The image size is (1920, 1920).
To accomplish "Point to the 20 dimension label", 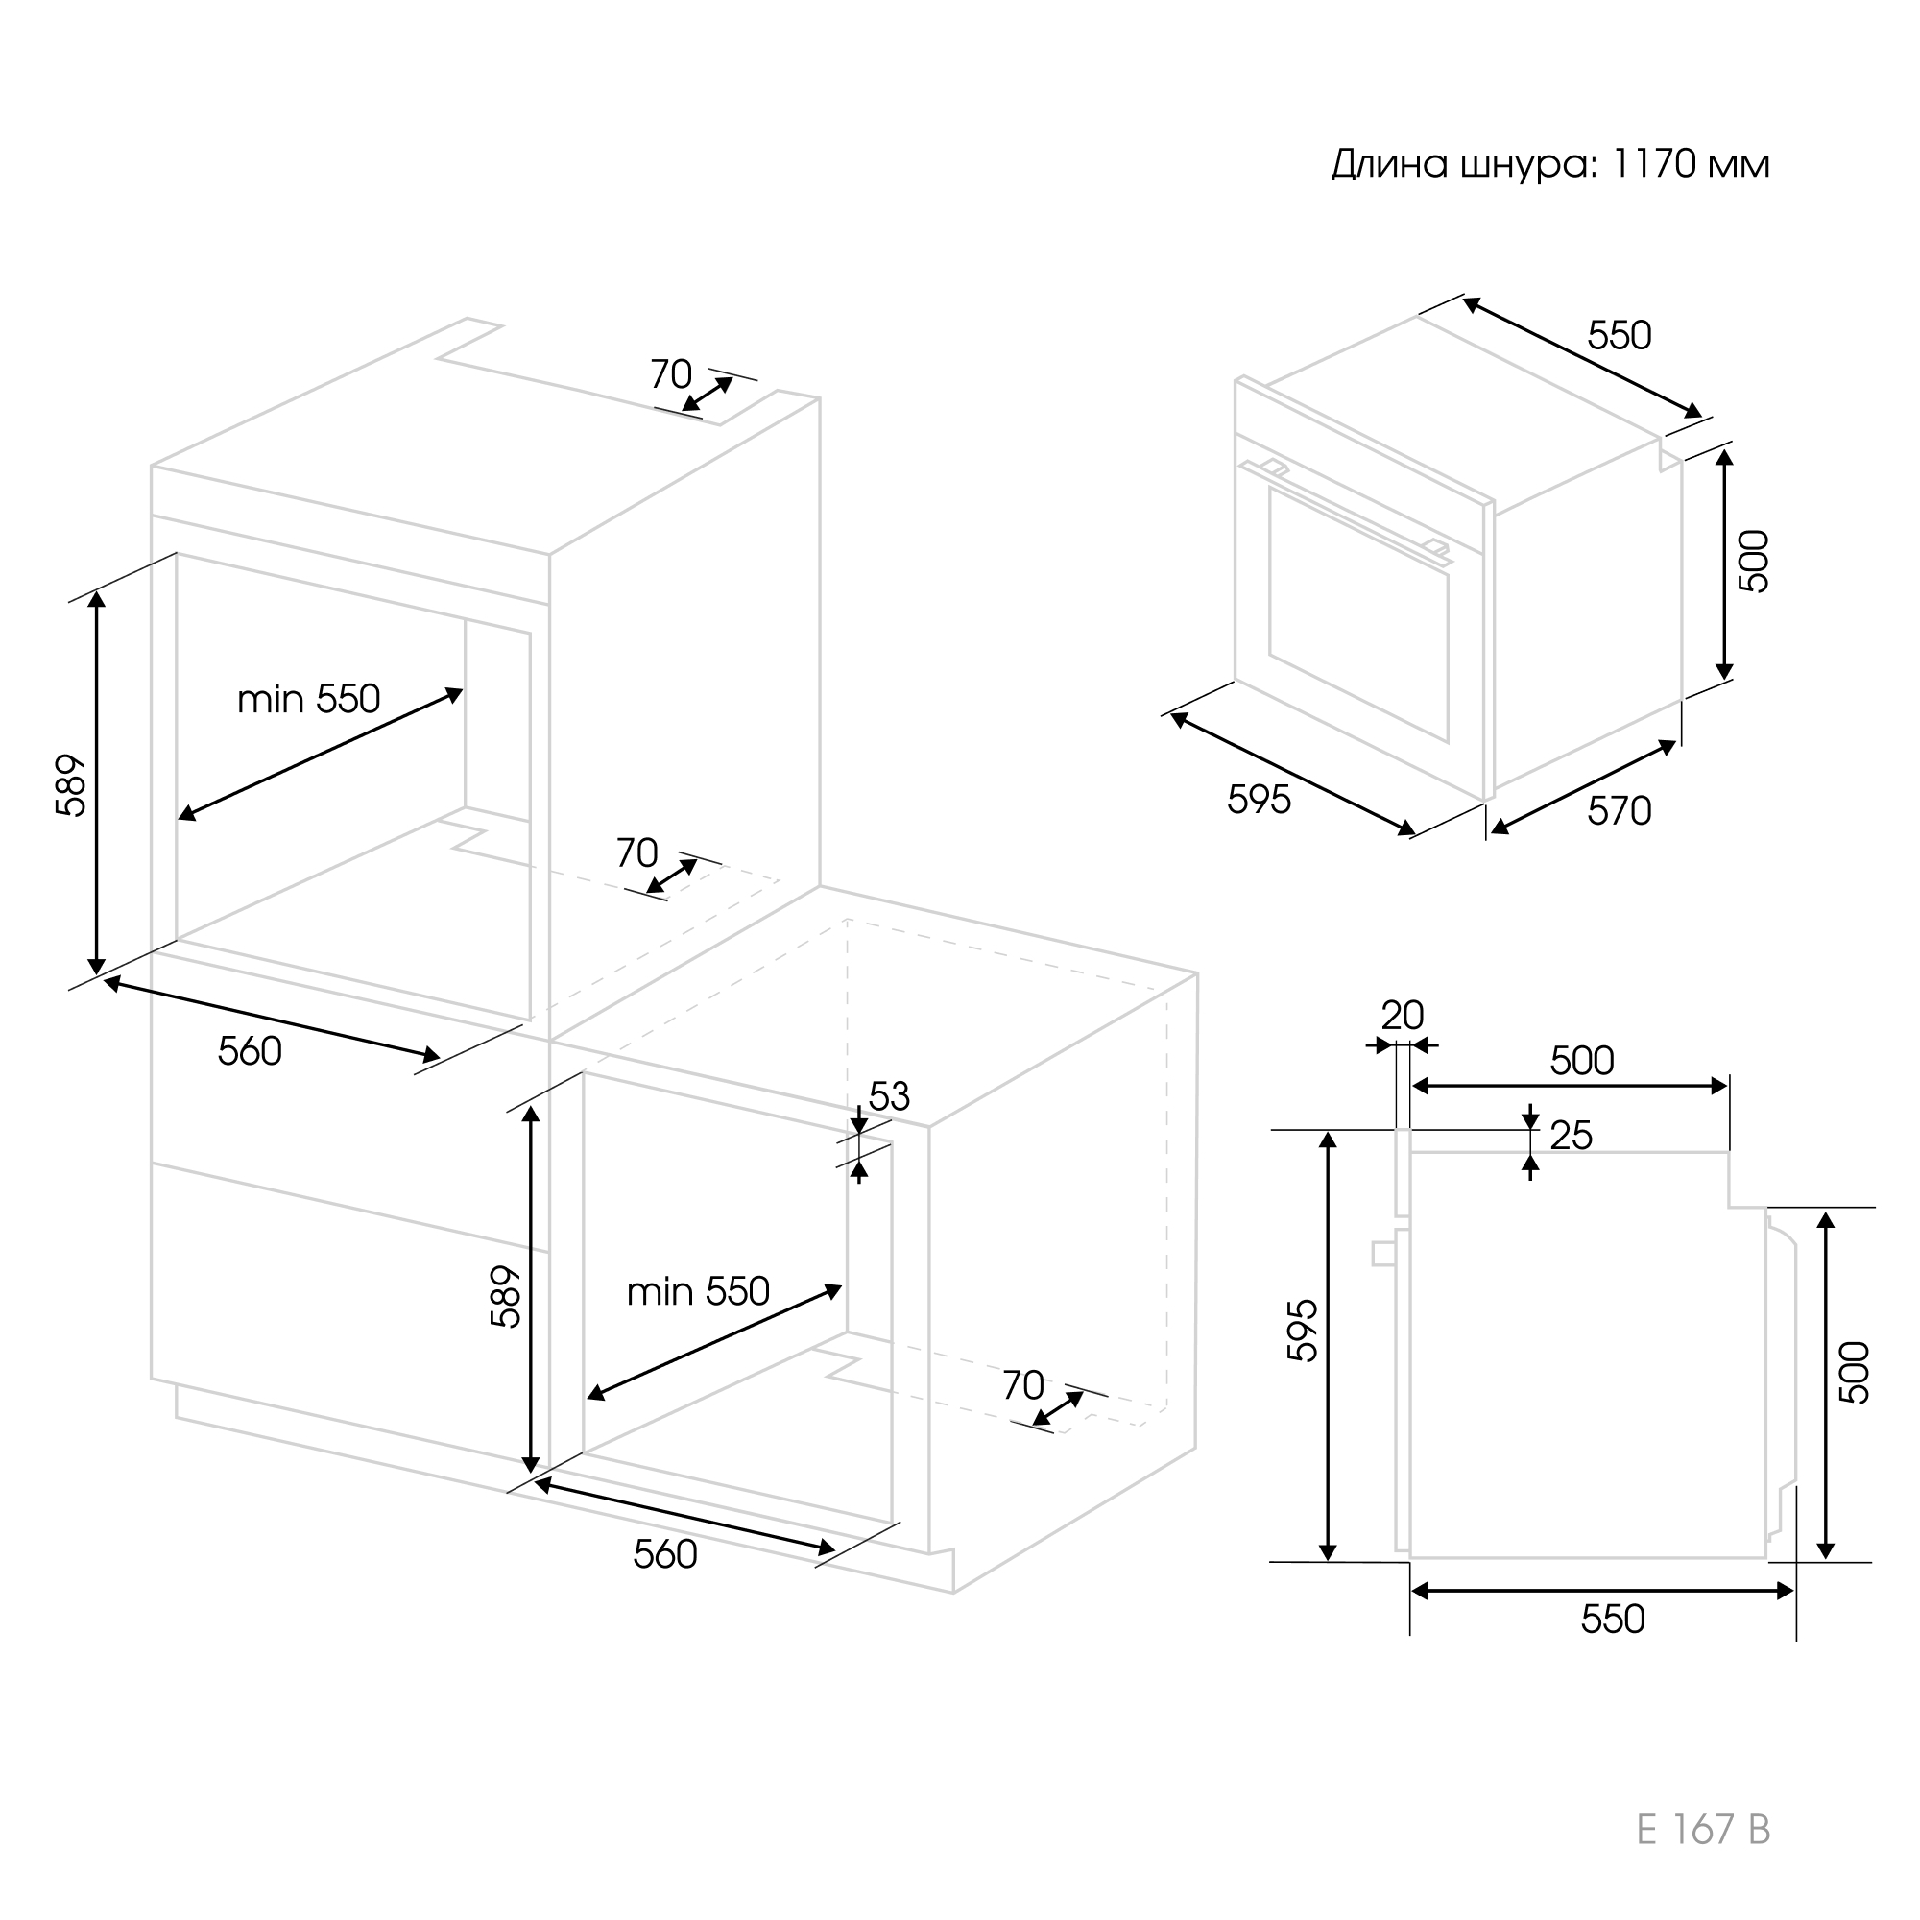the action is (1403, 1015).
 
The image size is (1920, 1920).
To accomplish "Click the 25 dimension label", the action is (1572, 1135).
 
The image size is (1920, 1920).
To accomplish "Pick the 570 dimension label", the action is (1619, 811).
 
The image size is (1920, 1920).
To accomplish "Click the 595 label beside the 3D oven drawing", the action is (1260, 799).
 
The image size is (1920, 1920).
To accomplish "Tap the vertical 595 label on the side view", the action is (1302, 1330).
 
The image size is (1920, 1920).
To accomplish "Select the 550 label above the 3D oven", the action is (1619, 335).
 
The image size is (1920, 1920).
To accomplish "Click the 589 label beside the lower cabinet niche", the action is (505, 1296).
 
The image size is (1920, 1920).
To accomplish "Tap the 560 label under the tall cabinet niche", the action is (250, 1050).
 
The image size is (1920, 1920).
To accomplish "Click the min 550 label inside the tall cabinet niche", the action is (308, 699).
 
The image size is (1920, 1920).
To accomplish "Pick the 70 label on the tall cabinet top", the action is (671, 373).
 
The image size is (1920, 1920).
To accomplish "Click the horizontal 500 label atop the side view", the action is (1582, 1061).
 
